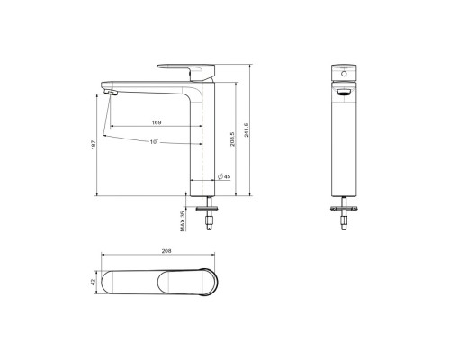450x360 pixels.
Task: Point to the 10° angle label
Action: tap(154, 141)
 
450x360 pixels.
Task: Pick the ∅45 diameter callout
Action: tap(224, 177)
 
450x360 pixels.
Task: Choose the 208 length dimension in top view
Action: tap(166, 251)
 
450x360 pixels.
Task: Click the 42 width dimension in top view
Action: tap(93, 283)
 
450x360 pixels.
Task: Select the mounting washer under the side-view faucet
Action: tap(210, 214)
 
